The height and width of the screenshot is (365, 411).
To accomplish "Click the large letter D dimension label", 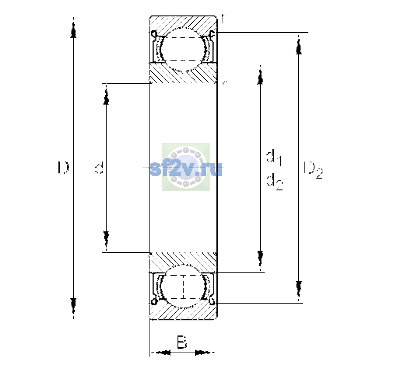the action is pyautogui.click(x=63, y=168).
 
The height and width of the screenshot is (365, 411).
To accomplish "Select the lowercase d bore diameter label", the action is pyautogui.click(x=99, y=168).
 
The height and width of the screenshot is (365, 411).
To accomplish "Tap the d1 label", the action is pyautogui.click(x=273, y=157).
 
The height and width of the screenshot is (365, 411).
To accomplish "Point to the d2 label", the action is pyautogui.click(x=274, y=182).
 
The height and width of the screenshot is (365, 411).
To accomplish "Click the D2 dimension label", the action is pyautogui.click(x=313, y=170).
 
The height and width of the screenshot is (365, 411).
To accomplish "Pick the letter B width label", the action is pyautogui.click(x=182, y=342).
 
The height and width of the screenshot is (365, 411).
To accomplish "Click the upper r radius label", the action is pyautogui.click(x=223, y=19).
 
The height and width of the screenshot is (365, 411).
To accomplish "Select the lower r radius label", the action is pyautogui.click(x=224, y=85).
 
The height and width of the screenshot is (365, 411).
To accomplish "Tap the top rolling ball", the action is pyautogui.click(x=183, y=50).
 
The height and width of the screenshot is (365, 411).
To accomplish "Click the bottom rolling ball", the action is pyautogui.click(x=183, y=286).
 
